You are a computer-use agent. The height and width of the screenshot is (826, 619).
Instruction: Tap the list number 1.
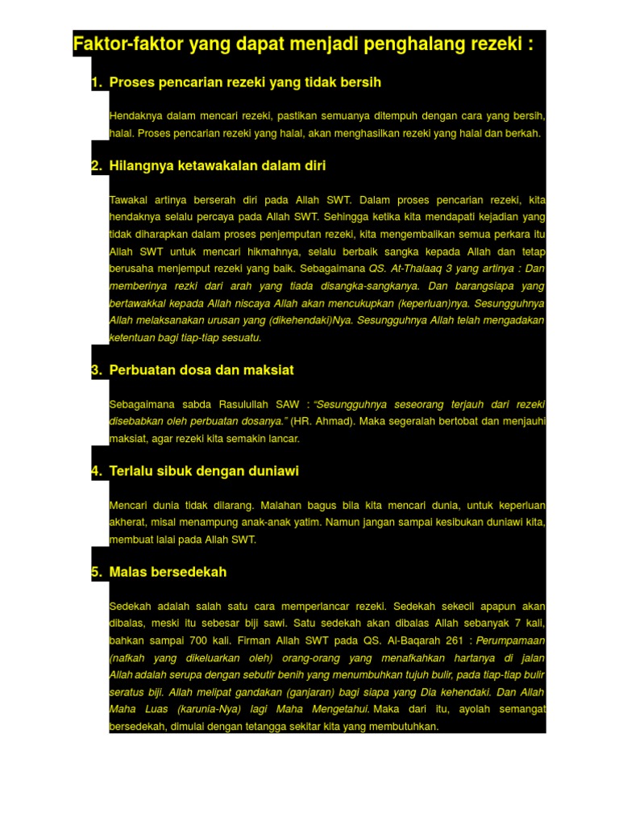click(x=95, y=82)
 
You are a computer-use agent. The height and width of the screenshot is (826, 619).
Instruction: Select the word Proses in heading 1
click(x=131, y=82)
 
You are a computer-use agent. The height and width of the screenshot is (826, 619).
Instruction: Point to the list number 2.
click(x=95, y=165)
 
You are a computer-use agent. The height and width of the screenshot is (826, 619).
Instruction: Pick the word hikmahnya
click(x=257, y=252)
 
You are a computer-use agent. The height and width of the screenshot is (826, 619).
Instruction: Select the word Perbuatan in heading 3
click(x=141, y=370)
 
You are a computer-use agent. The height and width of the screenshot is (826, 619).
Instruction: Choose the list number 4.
click(x=95, y=471)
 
